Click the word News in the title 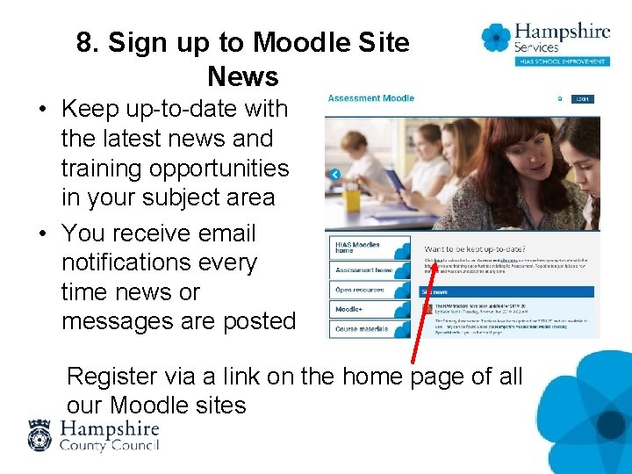click(x=243, y=77)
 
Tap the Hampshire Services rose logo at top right click(x=497, y=38)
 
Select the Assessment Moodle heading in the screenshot click(x=370, y=98)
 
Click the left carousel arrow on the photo click(x=334, y=175)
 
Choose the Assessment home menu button click(x=364, y=270)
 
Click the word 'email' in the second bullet click(x=226, y=233)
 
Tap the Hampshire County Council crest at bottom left click(x=40, y=435)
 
